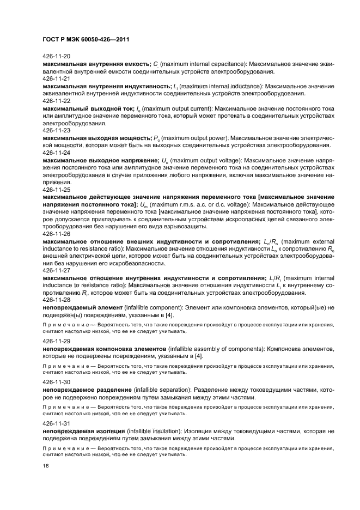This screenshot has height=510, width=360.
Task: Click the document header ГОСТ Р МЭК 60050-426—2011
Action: tap(86, 39)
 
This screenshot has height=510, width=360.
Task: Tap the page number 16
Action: tap(46, 466)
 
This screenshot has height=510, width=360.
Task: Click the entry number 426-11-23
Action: tap(56, 131)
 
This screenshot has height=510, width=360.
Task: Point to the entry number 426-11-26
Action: tap(56, 233)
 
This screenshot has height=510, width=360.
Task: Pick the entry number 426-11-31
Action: tap(56, 423)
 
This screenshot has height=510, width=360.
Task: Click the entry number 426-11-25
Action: tap(56, 189)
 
